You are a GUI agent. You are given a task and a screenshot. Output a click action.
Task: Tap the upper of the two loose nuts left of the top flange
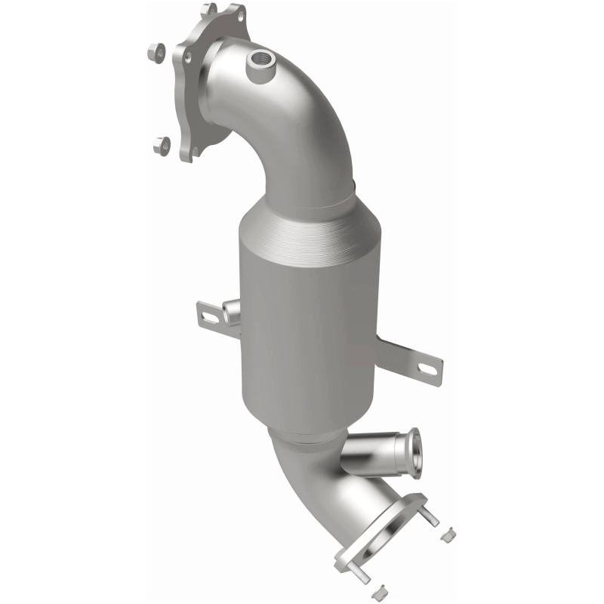(154, 53)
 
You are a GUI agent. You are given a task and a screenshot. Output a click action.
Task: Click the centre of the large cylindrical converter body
(310, 317)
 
